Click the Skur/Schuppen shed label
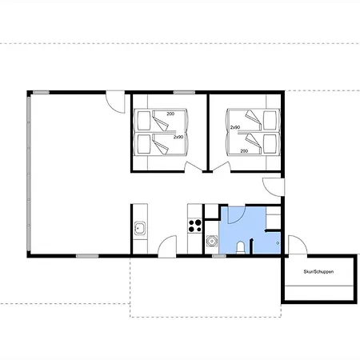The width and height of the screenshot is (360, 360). tap(318, 272)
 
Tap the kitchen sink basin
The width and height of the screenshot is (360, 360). tap(140, 228)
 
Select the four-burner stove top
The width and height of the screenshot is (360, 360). tap(195, 226)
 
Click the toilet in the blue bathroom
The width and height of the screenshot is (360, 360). tap(241, 247)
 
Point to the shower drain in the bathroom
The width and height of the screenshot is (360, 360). tap(278, 243)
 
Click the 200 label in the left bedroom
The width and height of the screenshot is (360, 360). tap(170, 114)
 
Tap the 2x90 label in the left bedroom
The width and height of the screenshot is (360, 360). tap(178, 137)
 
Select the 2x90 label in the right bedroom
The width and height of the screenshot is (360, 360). tap(235, 127)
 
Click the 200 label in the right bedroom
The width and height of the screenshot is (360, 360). tap(244, 151)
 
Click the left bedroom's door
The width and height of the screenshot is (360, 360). tap(194, 166)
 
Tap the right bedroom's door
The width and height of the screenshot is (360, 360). tap(222, 166)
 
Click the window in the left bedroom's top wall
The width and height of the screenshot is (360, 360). tap(184, 93)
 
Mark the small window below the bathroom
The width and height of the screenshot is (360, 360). tap(219, 256)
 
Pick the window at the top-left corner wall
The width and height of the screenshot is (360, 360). tap(41, 93)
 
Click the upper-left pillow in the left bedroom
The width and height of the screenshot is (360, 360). tap(144, 121)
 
